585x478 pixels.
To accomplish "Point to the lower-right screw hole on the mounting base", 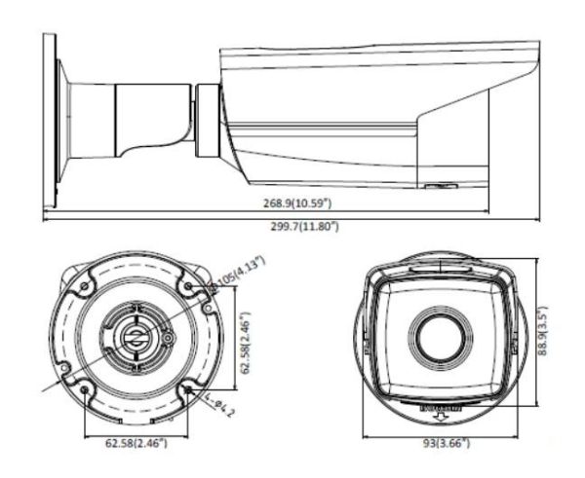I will [x=185, y=391].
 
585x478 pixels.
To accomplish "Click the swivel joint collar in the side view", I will [x=208, y=121].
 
